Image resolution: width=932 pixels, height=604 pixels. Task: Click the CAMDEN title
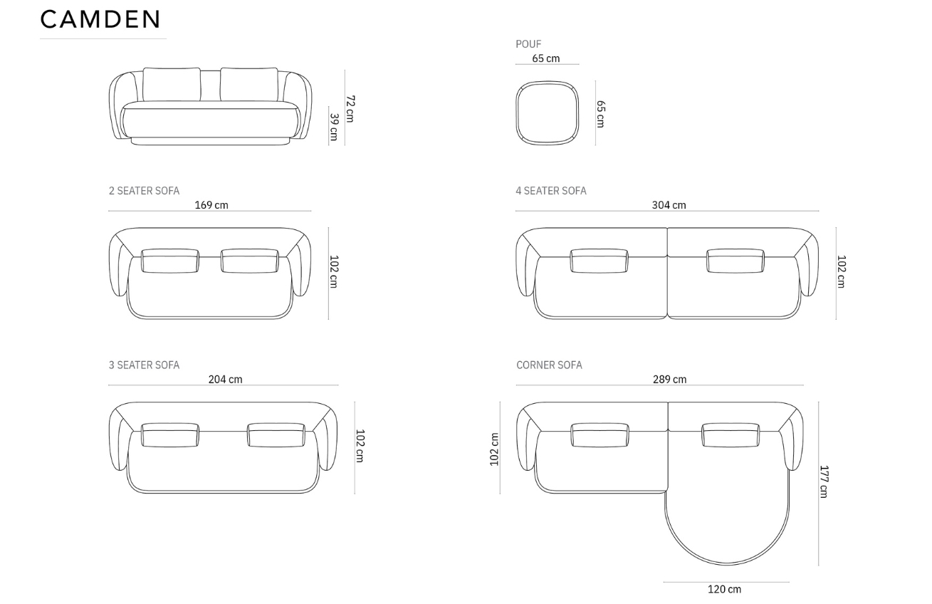[x=100, y=20]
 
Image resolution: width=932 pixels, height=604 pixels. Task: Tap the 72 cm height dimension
[x=350, y=108]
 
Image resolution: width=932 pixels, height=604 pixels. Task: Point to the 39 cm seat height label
[x=333, y=127]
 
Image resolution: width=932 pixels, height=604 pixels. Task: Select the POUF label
[x=528, y=44]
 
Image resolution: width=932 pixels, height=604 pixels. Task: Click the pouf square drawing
[x=547, y=113]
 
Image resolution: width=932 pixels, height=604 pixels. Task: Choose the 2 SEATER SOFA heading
[x=144, y=191]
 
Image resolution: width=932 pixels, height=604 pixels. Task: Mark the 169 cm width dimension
[x=211, y=205]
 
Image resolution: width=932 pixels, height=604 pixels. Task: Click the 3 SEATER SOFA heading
[x=144, y=365]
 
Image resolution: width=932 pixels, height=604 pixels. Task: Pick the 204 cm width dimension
[x=225, y=380]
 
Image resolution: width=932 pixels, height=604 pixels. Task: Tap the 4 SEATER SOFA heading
[x=551, y=191]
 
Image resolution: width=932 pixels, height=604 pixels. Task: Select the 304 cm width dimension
[x=669, y=205]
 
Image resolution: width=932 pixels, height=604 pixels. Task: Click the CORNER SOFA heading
[x=549, y=365]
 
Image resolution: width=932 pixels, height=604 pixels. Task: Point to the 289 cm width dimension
[x=670, y=380]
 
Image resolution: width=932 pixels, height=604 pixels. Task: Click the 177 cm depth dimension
[x=824, y=481]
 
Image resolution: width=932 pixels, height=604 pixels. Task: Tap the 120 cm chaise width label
[x=724, y=589]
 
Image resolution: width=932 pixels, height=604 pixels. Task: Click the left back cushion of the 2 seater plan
[x=170, y=261]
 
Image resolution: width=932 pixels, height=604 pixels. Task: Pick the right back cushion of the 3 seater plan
[x=276, y=435]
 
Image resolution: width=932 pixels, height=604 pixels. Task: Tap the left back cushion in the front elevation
[x=172, y=85]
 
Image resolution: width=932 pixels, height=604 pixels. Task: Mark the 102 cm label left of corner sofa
[x=495, y=449]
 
